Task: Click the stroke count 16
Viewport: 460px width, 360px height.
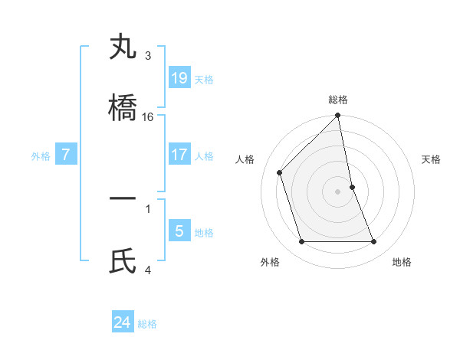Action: (x=148, y=117)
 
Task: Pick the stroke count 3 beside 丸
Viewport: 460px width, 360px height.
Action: (x=148, y=56)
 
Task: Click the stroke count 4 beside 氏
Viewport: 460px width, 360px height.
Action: (x=148, y=270)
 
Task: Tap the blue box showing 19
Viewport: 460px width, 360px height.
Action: (x=179, y=78)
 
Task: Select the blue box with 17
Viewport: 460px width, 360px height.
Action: (x=179, y=155)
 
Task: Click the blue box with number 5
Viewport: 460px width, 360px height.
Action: (x=179, y=231)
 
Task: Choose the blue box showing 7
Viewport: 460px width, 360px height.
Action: (x=66, y=155)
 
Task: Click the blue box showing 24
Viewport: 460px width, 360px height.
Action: (x=123, y=322)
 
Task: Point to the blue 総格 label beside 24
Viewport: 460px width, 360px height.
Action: (x=147, y=324)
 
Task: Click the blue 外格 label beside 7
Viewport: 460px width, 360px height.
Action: (x=41, y=156)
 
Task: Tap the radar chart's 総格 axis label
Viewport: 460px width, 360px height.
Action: (x=338, y=100)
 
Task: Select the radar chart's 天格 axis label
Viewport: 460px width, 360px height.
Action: (x=432, y=159)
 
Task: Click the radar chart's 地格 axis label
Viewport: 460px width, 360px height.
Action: (x=402, y=262)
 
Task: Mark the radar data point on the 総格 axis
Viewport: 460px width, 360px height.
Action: (x=338, y=116)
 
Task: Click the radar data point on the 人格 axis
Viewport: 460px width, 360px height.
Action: (x=280, y=172)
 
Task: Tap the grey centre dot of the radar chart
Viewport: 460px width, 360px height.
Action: (x=338, y=191)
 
